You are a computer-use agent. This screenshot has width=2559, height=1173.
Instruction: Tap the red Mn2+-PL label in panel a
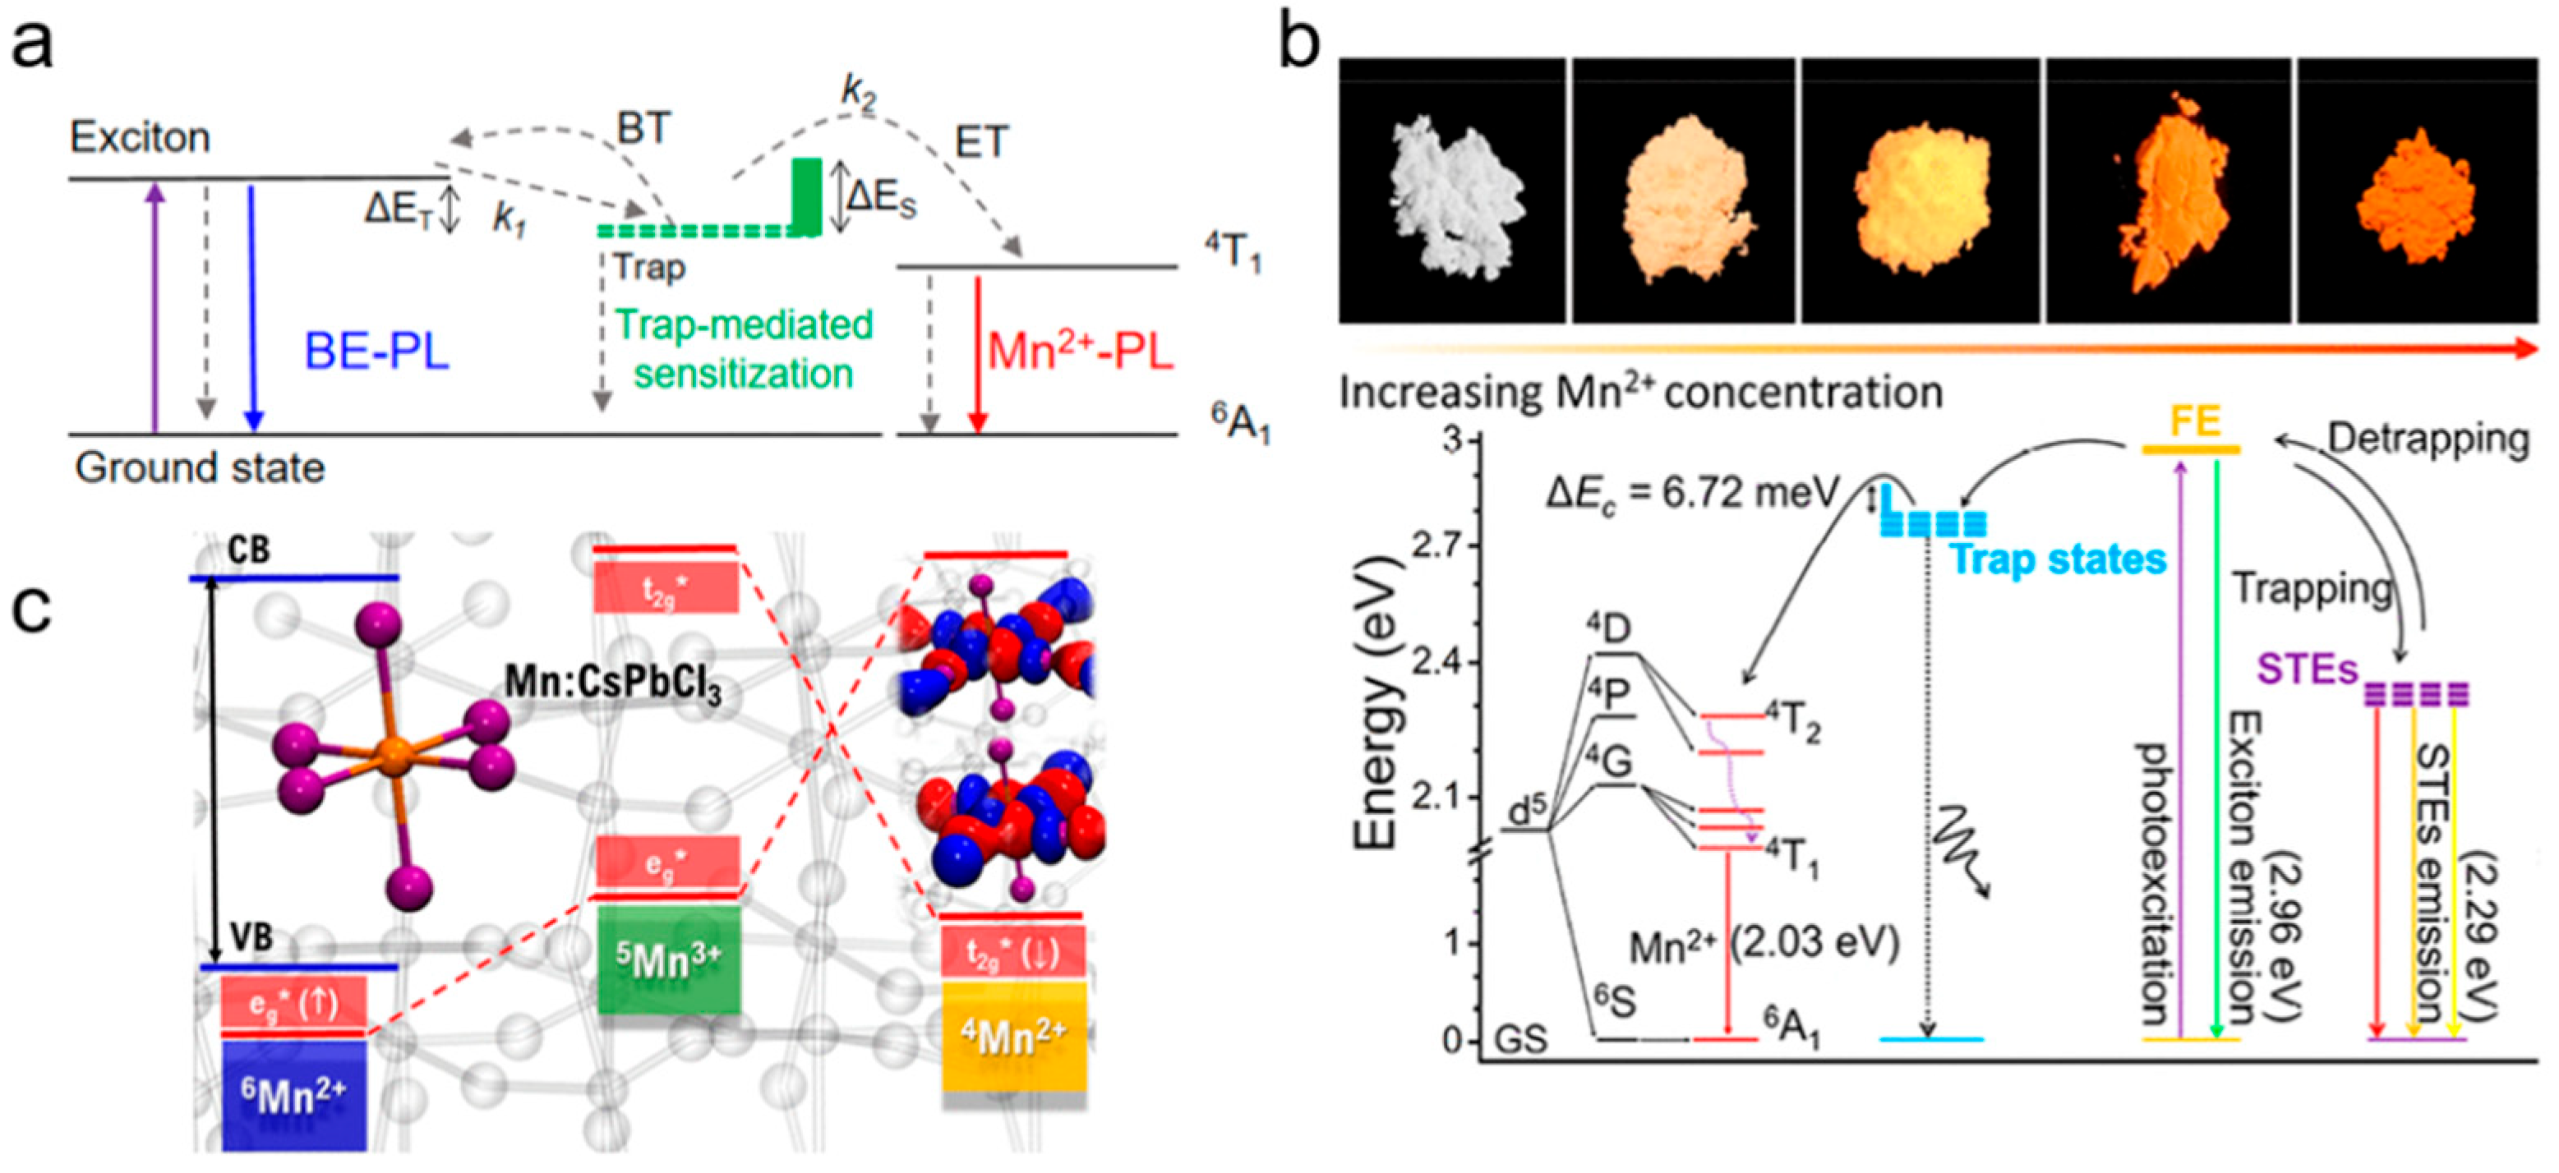click(x=1081, y=352)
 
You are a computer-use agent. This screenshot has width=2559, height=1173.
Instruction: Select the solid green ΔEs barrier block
click(x=807, y=196)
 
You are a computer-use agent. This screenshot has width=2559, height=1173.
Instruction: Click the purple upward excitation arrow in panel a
click(x=154, y=308)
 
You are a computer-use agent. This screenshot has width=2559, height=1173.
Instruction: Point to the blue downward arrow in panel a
click(x=253, y=308)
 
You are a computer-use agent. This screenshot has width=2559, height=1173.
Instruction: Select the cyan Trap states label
click(x=2058, y=559)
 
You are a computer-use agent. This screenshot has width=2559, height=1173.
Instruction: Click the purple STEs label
click(x=2307, y=669)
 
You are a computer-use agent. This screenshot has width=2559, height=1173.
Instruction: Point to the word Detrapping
click(x=2428, y=438)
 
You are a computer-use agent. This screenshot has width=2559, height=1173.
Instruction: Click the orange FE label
click(x=2194, y=422)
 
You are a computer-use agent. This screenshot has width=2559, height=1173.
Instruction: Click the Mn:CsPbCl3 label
click(x=613, y=684)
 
